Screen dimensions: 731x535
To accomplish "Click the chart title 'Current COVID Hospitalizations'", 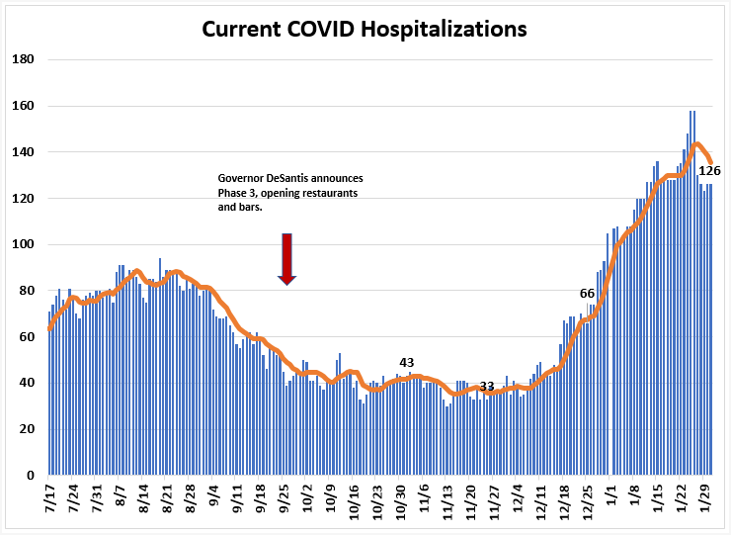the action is [x=365, y=29].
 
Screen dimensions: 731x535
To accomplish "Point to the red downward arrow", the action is [x=286, y=259].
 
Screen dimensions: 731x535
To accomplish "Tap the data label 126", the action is [x=709, y=171].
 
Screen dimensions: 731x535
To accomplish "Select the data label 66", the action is [x=587, y=293].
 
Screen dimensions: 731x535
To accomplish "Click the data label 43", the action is [x=407, y=362].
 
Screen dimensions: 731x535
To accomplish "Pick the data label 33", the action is [x=486, y=386].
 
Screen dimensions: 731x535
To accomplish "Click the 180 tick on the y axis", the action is [x=24, y=59].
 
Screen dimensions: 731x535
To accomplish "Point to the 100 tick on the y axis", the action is [x=24, y=244].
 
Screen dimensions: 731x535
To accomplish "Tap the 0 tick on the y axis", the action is [x=31, y=476].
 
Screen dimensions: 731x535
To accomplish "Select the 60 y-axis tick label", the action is [x=27, y=336].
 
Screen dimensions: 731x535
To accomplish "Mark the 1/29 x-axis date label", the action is [x=704, y=494].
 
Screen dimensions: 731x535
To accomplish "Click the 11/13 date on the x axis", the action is [x=447, y=498].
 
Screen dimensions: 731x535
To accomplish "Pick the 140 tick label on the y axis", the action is [x=24, y=151].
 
